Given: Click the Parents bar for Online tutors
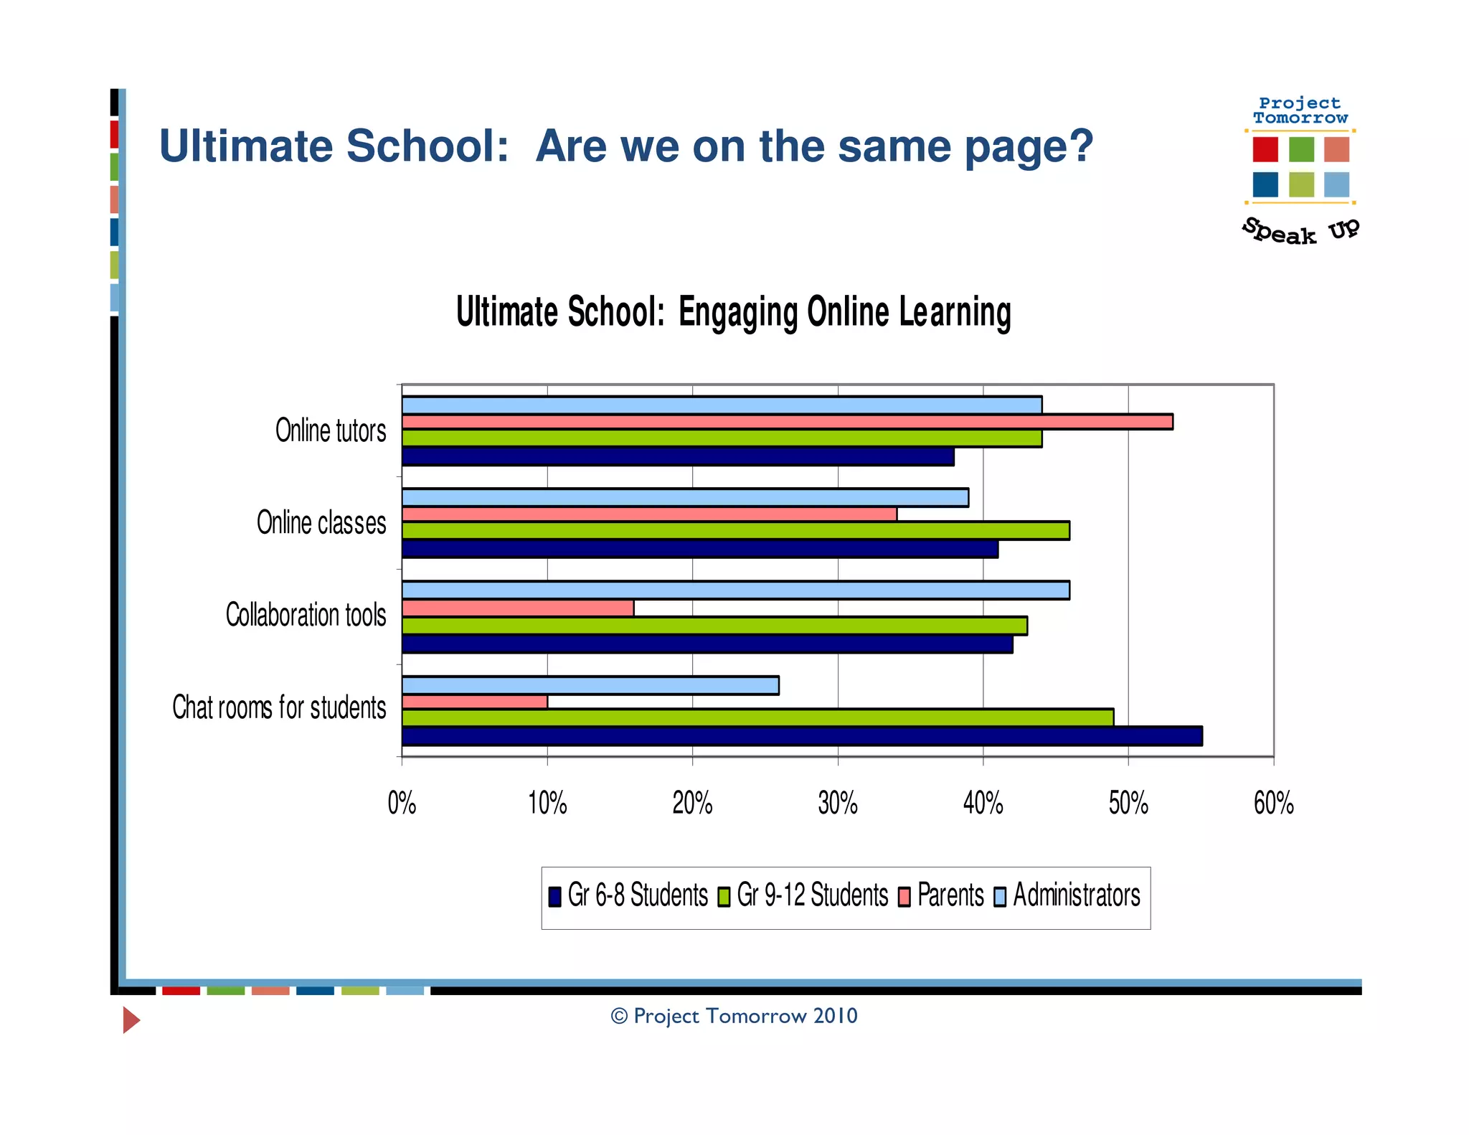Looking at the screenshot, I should (787, 422).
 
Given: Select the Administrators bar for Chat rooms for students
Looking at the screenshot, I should (590, 686).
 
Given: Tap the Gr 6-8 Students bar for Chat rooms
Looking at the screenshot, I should (801, 736).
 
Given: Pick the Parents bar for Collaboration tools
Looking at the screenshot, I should (517, 608).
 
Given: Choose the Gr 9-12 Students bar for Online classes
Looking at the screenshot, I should (735, 531).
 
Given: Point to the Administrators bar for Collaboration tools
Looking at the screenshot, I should (735, 590).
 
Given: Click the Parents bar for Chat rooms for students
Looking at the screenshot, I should (474, 702).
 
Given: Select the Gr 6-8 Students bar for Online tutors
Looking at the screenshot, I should (677, 457).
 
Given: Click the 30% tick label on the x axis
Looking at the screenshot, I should (838, 804).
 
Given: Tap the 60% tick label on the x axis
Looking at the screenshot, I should (1273, 804).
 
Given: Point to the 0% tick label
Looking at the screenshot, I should (402, 804).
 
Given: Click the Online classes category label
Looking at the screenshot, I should (321, 523).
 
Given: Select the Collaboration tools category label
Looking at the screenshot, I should (306, 616).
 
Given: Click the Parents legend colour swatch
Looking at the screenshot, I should (904, 897).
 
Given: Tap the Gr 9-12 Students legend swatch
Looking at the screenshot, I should (724, 897).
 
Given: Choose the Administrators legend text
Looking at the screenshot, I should (1076, 895).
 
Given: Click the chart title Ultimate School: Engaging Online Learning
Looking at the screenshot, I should (733, 313).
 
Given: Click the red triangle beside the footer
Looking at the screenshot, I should (131, 1019).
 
